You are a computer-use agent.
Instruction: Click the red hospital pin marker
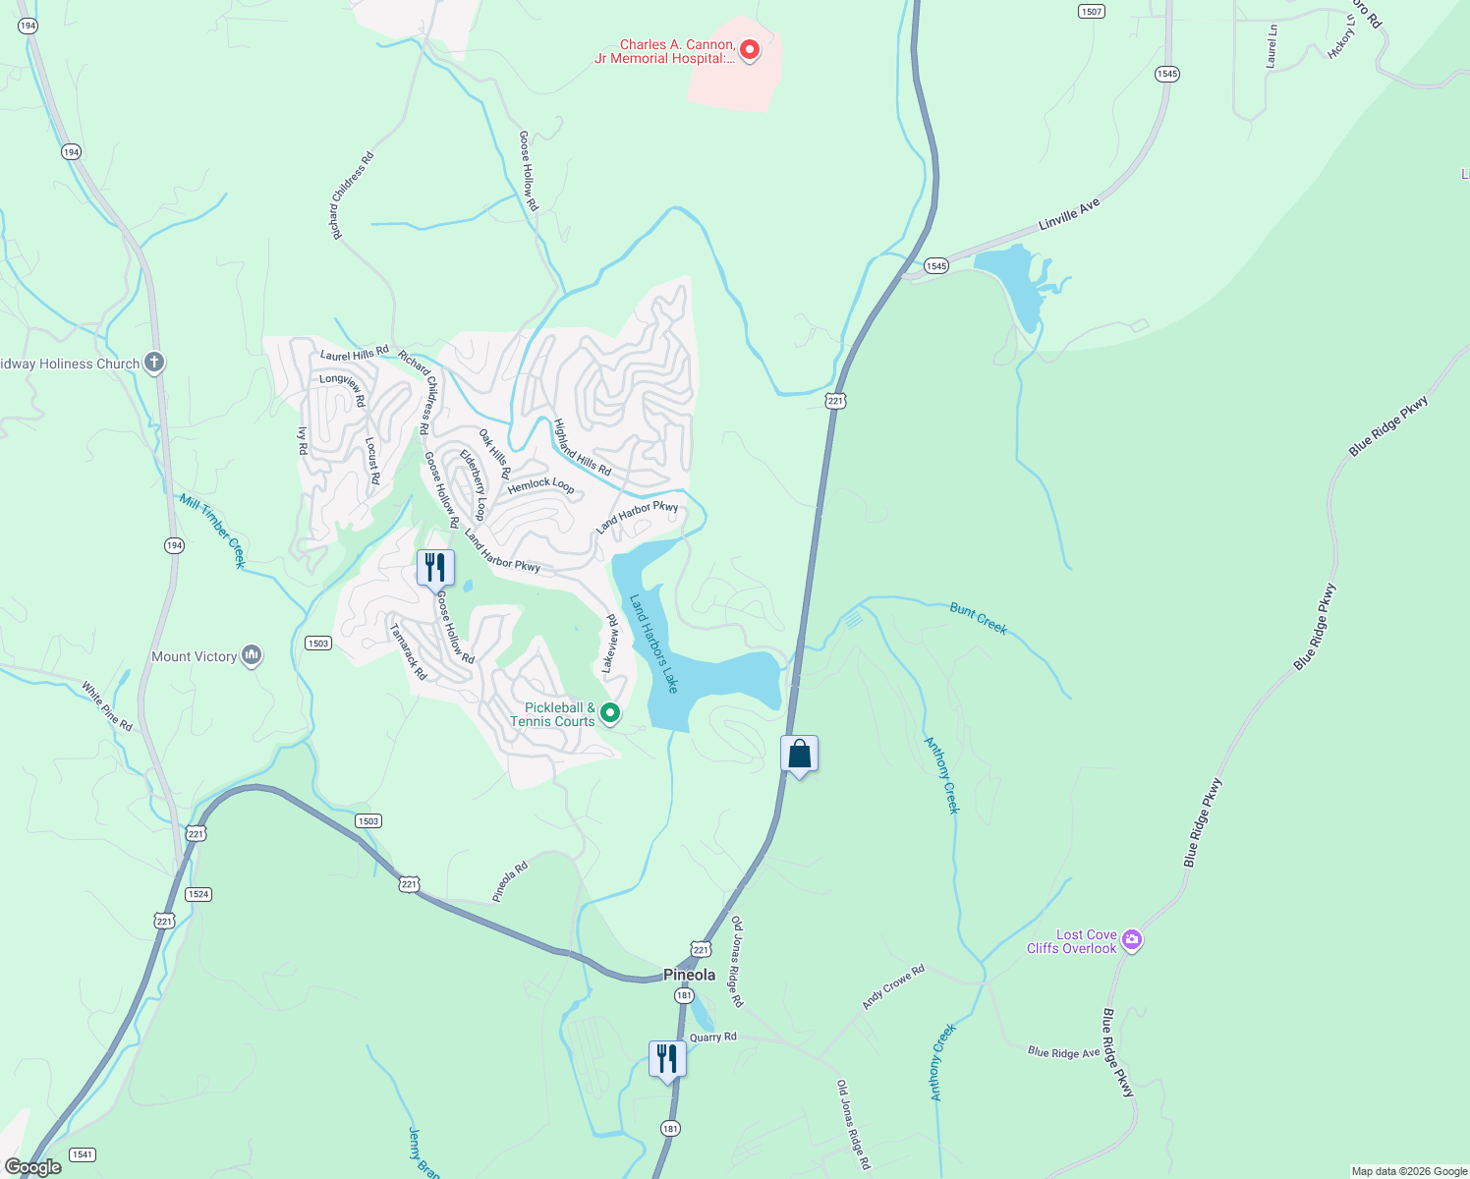pyautogui.click(x=750, y=49)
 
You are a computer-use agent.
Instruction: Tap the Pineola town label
pyautogui.click(x=689, y=975)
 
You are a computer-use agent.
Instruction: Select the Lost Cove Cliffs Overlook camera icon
pyautogui.click(x=1132, y=941)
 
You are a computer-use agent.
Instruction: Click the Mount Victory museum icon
pyautogui.click(x=252, y=655)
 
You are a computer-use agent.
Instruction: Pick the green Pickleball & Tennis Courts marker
pyautogui.click(x=610, y=713)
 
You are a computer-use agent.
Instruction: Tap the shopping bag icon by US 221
pyautogui.click(x=800, y=755)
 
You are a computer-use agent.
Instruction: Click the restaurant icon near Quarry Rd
pyautogui.click(x=667, y=1059)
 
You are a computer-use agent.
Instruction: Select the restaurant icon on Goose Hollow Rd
pyautogui.click(x=435, y=568)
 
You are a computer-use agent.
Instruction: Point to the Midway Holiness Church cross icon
pyautogui.click(x=153, y=364)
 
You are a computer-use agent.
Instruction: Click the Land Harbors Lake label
pyautogui.click(x=653, y=644)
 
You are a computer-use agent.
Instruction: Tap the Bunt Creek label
pyautogui.click(x=979, y=619)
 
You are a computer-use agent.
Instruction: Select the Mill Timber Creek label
pyautogui.click(x=212, y=531)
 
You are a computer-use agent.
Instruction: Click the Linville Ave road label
pyautogui.click(x=1069, y=214)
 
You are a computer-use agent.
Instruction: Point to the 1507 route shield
pyautogui.click(x=1091, y=11)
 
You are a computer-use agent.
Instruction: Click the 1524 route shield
pyautogui.click(x=198, y=894)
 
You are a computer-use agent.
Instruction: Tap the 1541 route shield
pyautogui.click(x=82, y=1154)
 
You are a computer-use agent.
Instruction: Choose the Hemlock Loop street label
pyautogui.click(x=540, y=484)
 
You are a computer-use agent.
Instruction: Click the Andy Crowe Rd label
pyautogui.click(x=893, y=986)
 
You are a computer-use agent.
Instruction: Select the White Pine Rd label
pyautogui.click(x=107, y=705)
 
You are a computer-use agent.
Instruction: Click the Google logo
pyautogui.click(x=32, y=1167)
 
